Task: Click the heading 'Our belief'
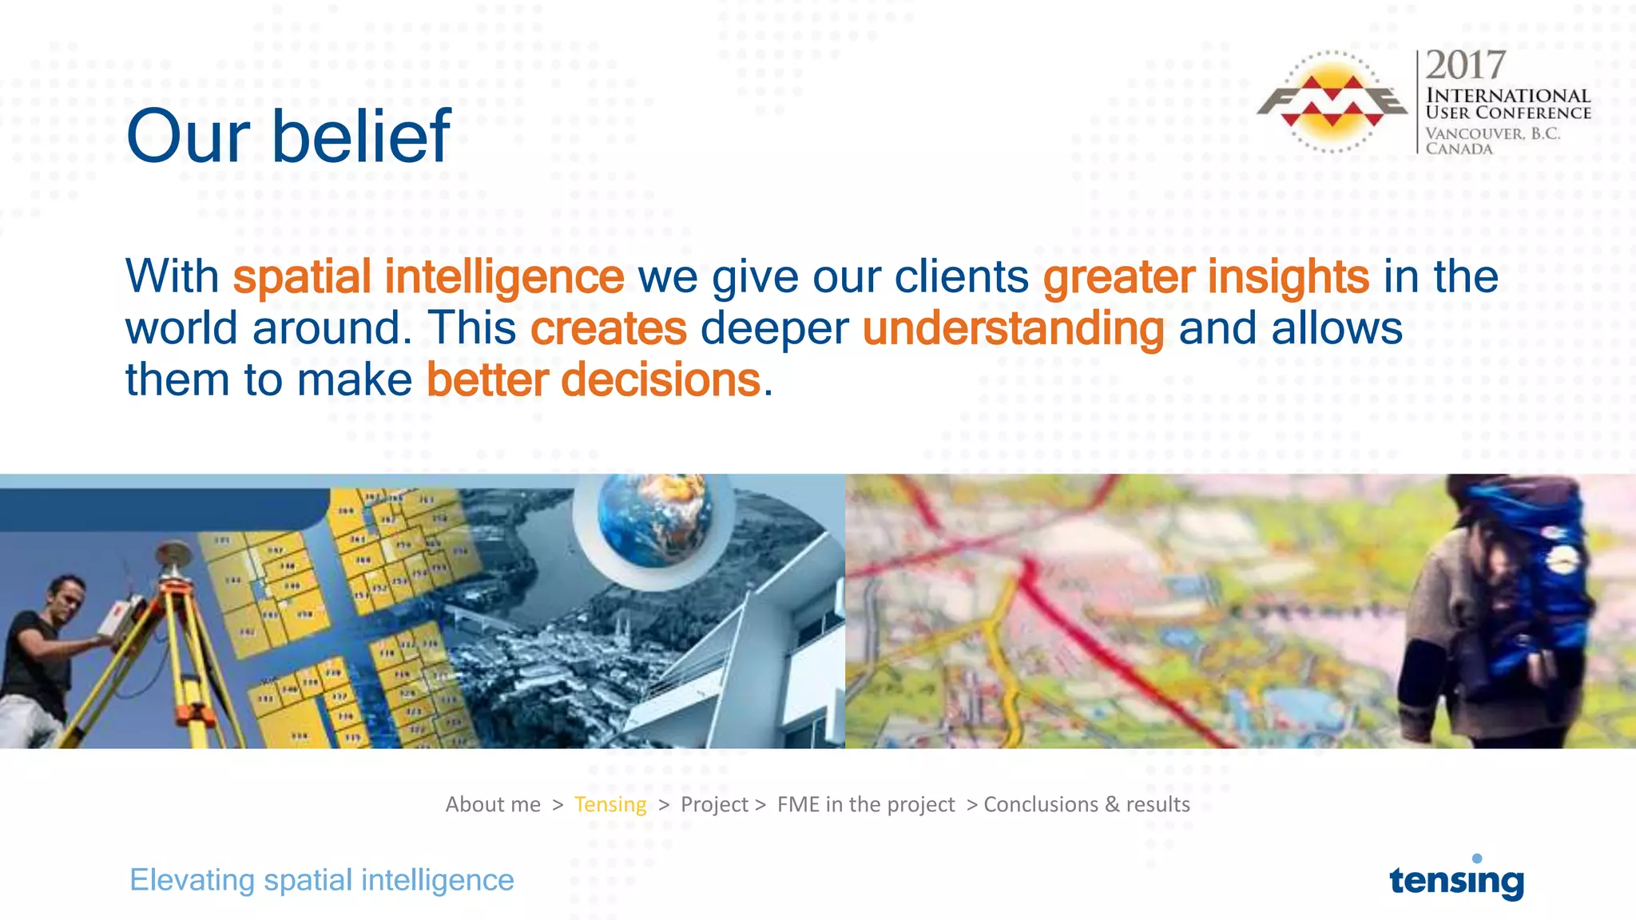(x=288, y=137)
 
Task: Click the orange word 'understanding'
(x=1013, y=328)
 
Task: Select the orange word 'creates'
(x=608, y=328)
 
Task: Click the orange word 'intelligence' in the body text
(x=504, y=277)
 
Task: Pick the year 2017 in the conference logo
(x=1465, y=65)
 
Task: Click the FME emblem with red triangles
(x=1331, y=101)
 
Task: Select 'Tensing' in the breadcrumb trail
(x=610, y=804)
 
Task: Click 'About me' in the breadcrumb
(x=493, y=804)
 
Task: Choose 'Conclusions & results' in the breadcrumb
(x=1086, y=804)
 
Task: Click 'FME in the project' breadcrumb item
(x=865, y=804)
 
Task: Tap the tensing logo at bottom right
(x=1456, y=880)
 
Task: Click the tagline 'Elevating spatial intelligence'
(x=322, y=880)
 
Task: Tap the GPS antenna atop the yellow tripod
(x=173, y=552)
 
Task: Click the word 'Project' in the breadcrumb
(x=714, y=804)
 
